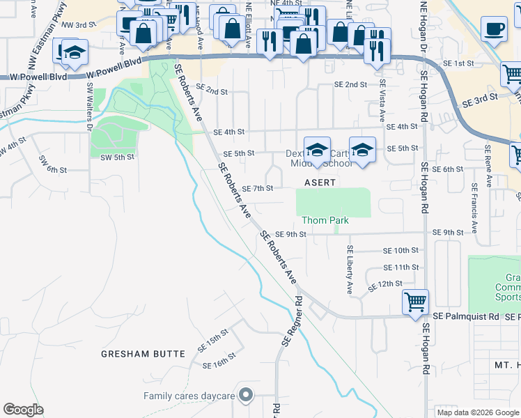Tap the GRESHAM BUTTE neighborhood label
(135, 353)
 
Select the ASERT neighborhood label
(320, 183)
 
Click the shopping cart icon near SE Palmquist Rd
(415, 302)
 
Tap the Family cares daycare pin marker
(244, 396)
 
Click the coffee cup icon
(494, 29)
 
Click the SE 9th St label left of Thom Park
(290, 234)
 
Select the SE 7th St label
(257, 188)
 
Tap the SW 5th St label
(116, 157)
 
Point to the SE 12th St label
(386, 284)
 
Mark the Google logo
(23, 410)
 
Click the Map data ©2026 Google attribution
(477, 412)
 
